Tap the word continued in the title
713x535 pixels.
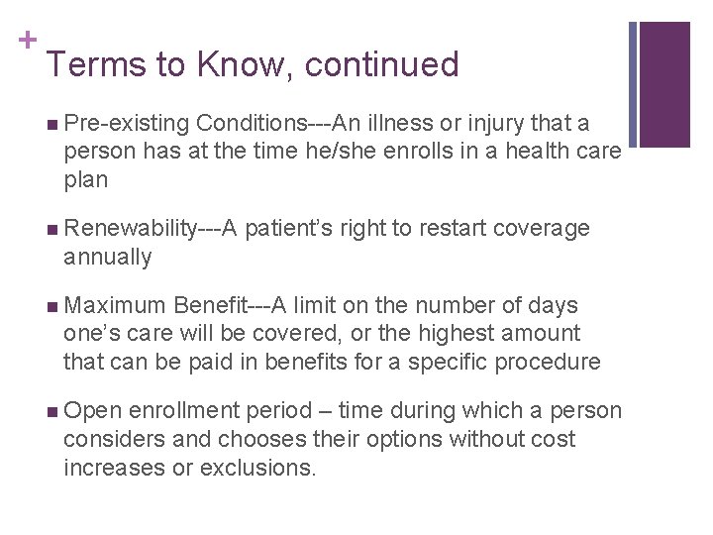click(x=382, y=64)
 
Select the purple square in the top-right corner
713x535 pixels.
click(x=664, y=84)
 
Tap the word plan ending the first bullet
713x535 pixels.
click(x=85, y=180)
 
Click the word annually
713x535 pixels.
click(x=107, y=258)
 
